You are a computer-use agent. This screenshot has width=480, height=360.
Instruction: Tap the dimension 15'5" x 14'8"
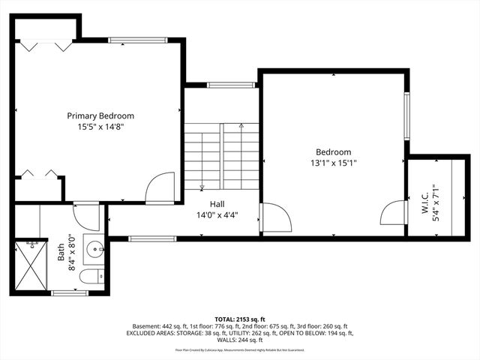(x=100, y=127)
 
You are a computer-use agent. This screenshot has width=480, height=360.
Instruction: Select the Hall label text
(x=217, y=203)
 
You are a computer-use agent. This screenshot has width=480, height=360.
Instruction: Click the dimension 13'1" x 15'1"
(x=334, y=161)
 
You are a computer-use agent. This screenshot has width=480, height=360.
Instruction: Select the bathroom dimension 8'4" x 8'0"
(x=72, y=251)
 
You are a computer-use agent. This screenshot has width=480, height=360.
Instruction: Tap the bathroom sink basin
(x=94, y=248)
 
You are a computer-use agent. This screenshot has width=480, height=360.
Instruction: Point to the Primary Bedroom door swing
(x=160, y=187)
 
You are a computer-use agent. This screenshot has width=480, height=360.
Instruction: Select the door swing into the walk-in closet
(x=394, y=213)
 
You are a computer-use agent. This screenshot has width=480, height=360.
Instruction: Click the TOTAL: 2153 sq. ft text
(x=240, y=318)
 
